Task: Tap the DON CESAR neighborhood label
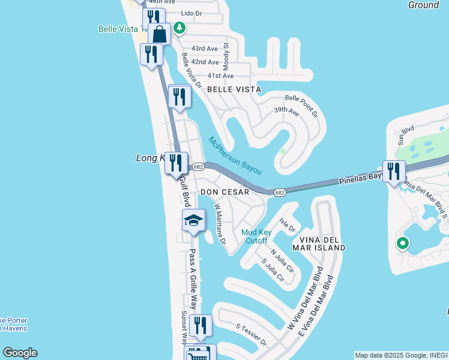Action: click(224, 192)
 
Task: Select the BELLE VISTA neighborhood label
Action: click(234, 89)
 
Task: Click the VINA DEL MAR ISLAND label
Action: click(320, 244)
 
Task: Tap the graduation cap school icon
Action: click(194, 221)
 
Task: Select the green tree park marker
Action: click(179, 28)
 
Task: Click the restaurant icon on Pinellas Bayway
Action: click(393, 171)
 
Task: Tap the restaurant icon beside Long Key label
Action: click(176, 163)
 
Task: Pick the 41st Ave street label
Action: click(220, 76)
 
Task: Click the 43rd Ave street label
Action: click(205, 49)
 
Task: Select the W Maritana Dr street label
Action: click(220, 224)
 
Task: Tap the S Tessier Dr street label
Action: click(250, 335)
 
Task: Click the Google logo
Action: click(20, 353)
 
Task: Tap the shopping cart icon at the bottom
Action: click(198, 354)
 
